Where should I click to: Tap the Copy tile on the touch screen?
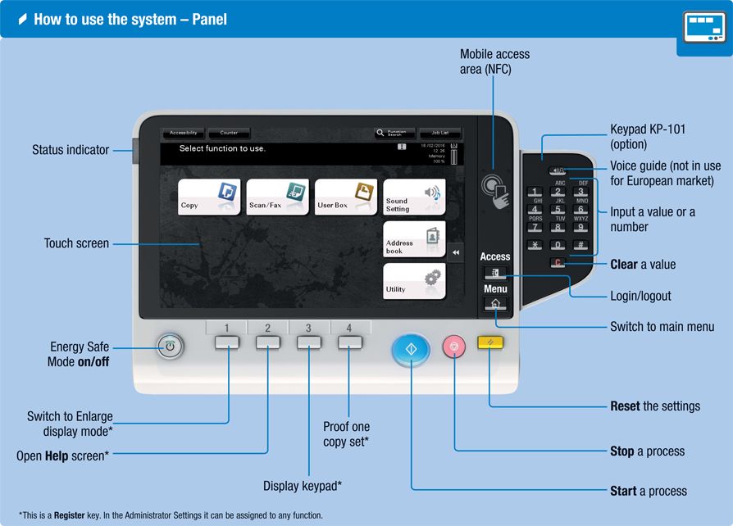click(209, 197)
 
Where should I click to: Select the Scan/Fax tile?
click(278, 197)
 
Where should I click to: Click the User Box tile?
click(346, 197)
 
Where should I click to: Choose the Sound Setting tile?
click(414, 197)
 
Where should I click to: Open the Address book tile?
click(414, 239)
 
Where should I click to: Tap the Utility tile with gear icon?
click(414, 281)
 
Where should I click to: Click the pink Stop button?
click(453, 347)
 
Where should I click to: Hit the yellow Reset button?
click(489, 343)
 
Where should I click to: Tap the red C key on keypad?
click(558, 263)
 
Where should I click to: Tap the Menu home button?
click(495, 304)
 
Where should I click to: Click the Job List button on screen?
click(440, 133)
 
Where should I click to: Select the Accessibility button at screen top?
click(184, 133)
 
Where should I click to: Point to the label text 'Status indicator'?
click(71, 150)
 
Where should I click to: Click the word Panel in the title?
click(209, 19)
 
